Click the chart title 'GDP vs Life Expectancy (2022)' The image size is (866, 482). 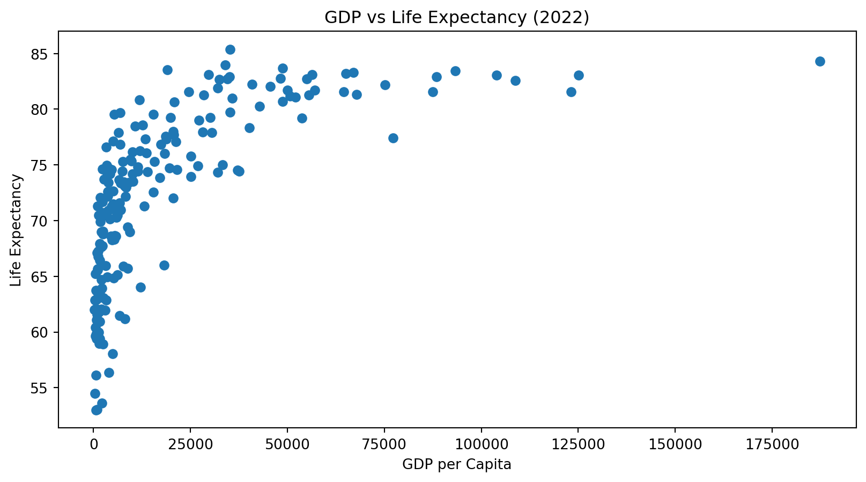[x=457, y=18]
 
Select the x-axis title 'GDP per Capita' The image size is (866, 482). [x=457, y=464]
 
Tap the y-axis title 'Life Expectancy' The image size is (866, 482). [x=17, y=230]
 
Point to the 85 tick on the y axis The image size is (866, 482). [x=43, y=54]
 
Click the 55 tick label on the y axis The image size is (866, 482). [x=43, y=388]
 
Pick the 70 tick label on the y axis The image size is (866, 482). [x=43, y=221]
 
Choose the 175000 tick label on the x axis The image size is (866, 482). [x=772, y=446]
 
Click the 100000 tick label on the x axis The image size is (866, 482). [x=481, y=446]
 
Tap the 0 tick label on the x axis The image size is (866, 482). [x=94, y=446]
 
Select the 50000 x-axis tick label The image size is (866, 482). [x=287, y=446]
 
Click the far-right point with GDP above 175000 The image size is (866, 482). [x=820, y=61]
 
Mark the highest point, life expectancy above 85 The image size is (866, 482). [x=230, y=49]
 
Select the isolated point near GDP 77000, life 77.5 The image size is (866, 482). [x=393, y=138]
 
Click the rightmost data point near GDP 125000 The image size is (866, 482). [x=579, y=75]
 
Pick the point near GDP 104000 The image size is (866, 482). [x=497, y=75]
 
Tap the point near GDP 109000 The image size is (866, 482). [x=515, y=81]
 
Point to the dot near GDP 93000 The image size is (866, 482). [x=455, y=71]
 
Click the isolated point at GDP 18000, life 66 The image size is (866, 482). [x=164, y=265]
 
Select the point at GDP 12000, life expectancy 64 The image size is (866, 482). [x=140, y=287]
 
